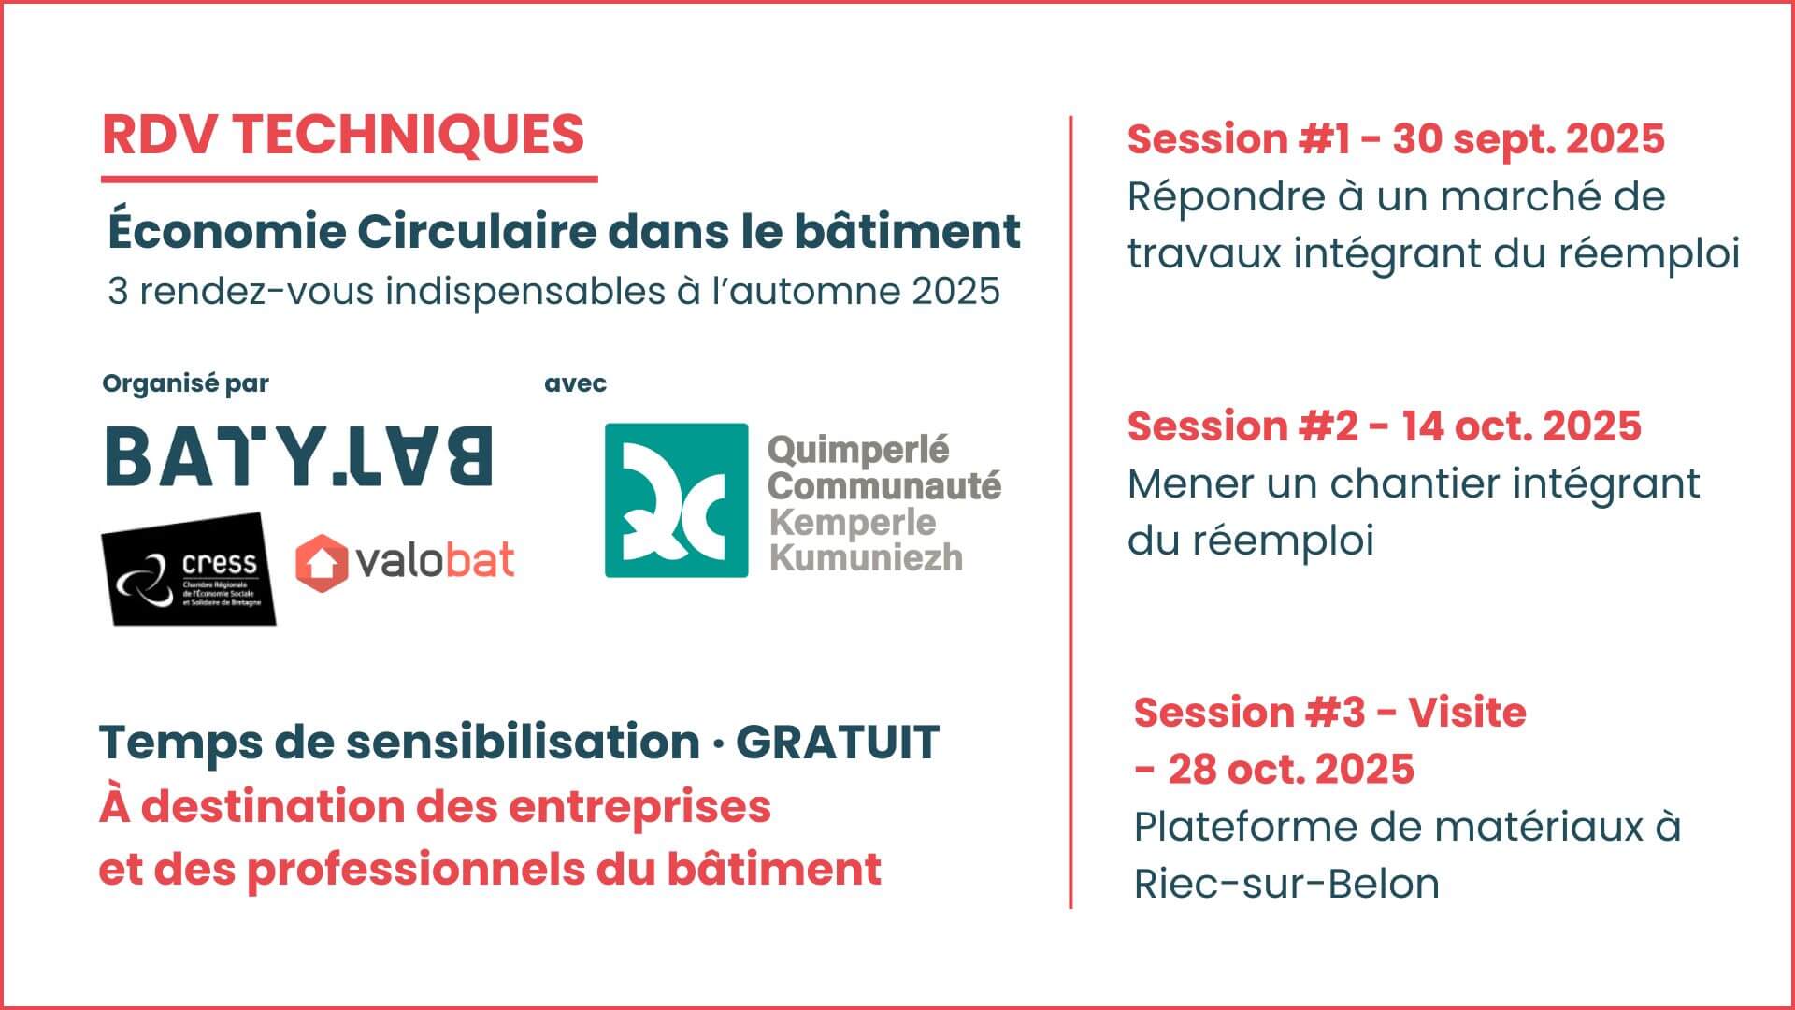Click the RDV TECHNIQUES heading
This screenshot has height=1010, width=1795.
343,135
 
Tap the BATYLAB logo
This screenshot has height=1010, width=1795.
298,456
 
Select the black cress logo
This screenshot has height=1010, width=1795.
188,569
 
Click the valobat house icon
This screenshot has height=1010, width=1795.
321,562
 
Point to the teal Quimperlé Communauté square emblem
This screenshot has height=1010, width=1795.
676,500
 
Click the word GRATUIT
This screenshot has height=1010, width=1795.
838,743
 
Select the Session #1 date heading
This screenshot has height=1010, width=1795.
1396,139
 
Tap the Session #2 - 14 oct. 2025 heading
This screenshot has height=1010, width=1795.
1385,426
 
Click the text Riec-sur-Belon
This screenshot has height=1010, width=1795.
1286,884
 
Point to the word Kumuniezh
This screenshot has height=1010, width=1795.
866,557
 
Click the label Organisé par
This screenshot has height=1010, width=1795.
185,383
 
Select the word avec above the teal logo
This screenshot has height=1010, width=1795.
575,383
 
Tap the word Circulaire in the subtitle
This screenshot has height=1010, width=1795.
477,231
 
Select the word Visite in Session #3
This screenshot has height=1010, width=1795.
1467,713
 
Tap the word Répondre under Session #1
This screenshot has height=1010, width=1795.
1221,198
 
